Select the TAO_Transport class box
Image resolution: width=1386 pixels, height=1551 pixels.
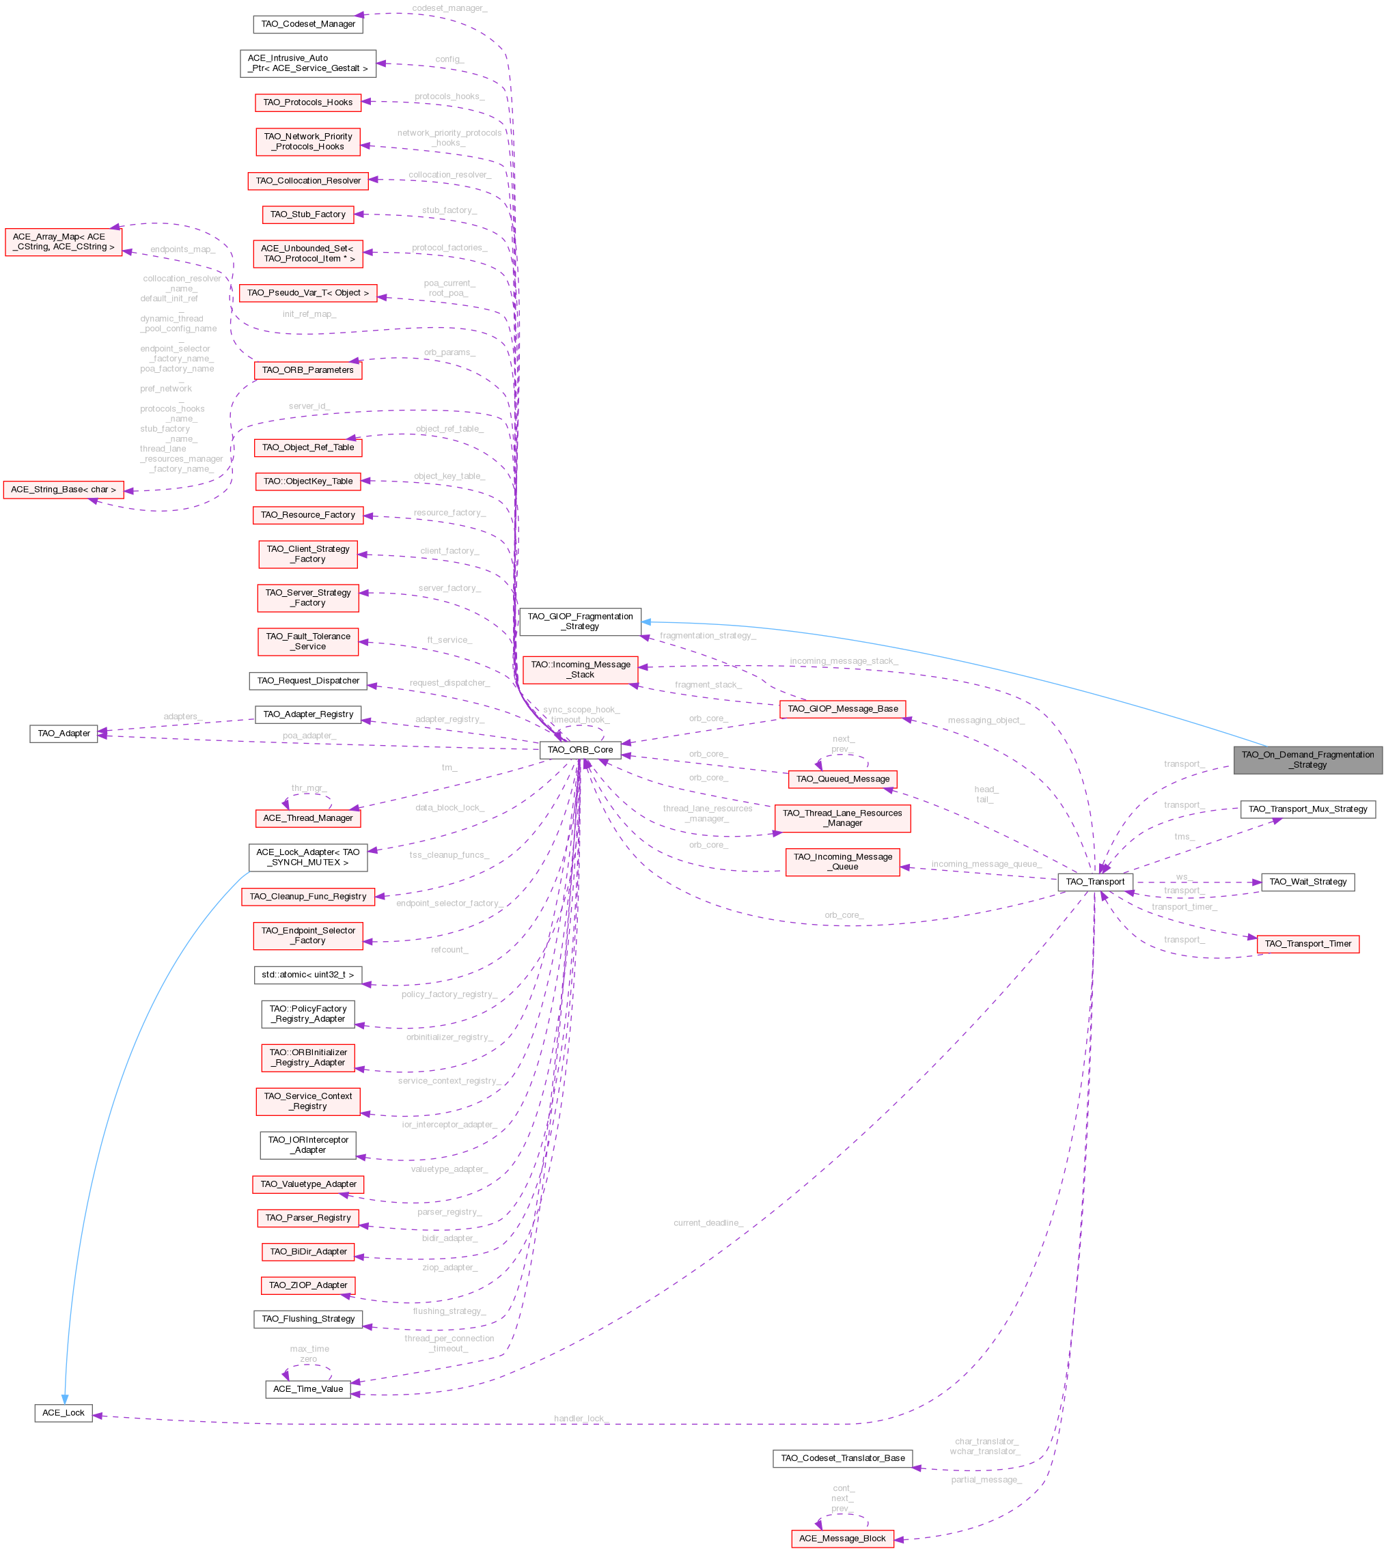pyautogui.click(x=1094, y=882)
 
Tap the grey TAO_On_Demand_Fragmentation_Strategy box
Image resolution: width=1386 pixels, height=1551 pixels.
pyautogui.click(x=1307, y=760)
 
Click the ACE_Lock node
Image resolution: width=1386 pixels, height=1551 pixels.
pyautogui.click(x=64, y=1413)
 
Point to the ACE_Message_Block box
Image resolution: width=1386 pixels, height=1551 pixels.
pyautogui.click(x=842, y=1538)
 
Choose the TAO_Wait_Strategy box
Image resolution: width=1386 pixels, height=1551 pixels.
pyautogui.click(x=1307, y=882)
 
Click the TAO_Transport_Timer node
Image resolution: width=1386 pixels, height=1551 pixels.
pyautogui.click(x=1307, y=944)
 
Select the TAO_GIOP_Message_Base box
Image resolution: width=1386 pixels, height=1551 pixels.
pyautogui.click(x=842, y=709)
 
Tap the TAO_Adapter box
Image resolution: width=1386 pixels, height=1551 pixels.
pyautogui.click(x=64, y=733)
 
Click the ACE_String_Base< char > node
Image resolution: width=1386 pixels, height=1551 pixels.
pyautogui.click(x=64, y=490)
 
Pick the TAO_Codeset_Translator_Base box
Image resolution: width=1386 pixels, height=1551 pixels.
pyautogui.click(x=842, y=1458)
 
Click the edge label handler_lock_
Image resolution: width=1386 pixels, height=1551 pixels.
pyautogui.click(x=581, y=1419)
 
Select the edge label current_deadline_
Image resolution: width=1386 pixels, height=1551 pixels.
pyautogui.click(x=708, y=1222)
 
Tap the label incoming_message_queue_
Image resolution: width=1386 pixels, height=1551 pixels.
pyautogui.click(x=986, y=864)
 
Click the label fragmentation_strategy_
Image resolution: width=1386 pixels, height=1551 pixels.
pyautogui.click(x=708, y=636)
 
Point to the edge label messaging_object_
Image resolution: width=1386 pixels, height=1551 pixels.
pyautogui.click(x=986, y=721)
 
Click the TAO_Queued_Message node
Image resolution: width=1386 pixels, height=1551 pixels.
pyautogui.click(x=842, y=779)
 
